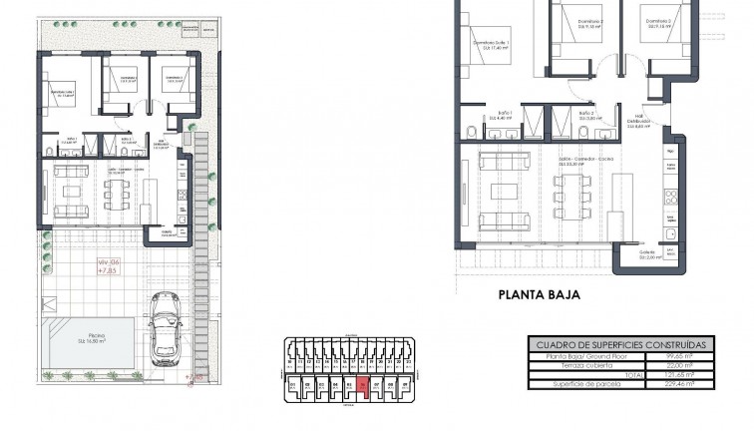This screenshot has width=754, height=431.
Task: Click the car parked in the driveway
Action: pos(166,330)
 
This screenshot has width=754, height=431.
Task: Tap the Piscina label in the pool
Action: pos(96,337)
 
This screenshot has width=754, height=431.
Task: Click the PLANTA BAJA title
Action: pos(539,294)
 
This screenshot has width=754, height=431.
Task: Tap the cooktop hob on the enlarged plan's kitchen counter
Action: pos(670,196)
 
